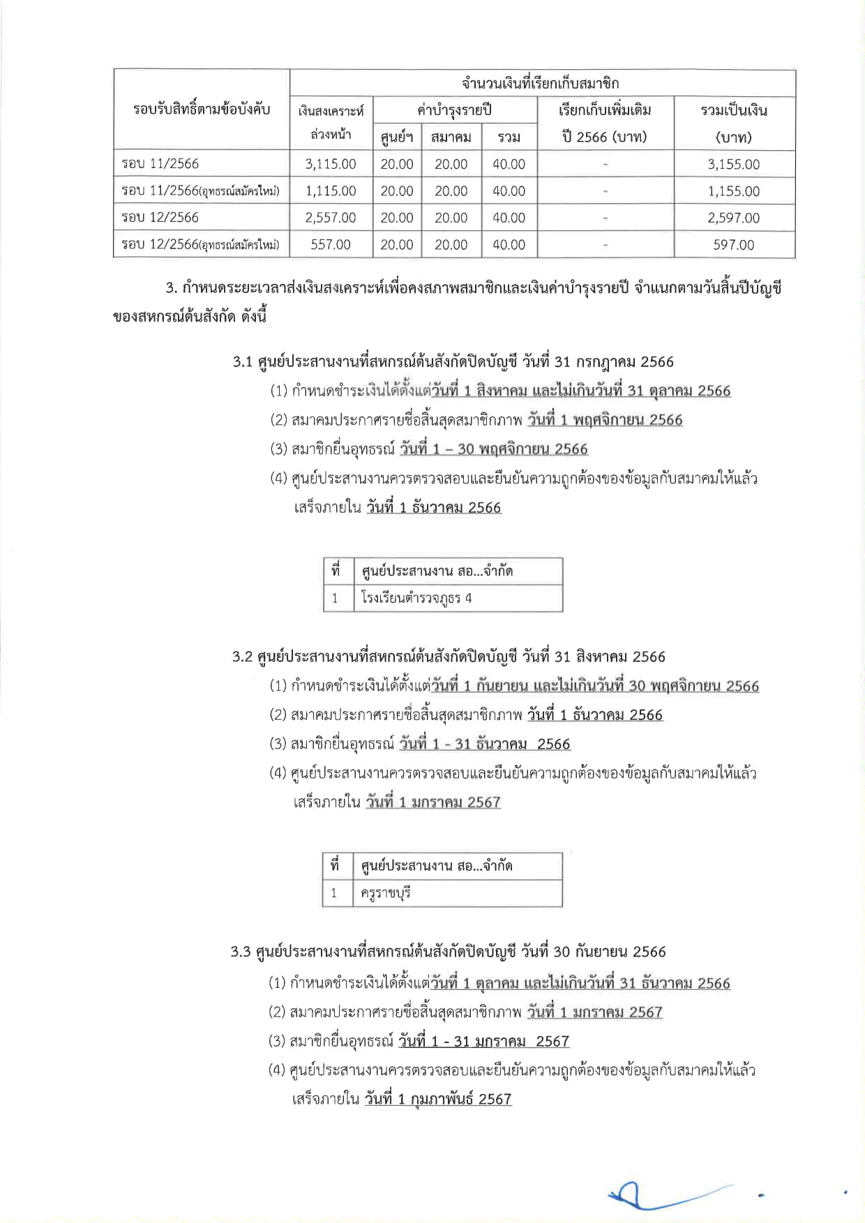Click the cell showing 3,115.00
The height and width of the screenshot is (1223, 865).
[x=331, y=164]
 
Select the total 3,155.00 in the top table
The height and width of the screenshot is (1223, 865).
[x=734, y=164]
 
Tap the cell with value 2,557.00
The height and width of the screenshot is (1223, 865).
[x=331, y=218]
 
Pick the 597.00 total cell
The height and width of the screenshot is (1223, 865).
[x=734, y=245]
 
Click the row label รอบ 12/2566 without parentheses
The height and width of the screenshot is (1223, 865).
[x=160, y=218]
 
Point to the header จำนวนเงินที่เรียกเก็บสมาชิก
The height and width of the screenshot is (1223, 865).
[x=541, y=83]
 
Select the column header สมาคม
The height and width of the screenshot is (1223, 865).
[x=451, y=137]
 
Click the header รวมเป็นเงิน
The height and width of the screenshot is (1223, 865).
[x=734, y=110]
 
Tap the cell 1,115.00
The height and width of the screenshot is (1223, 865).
[x=331, y=191]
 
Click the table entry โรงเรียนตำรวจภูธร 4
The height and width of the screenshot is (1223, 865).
[x=416, y=598]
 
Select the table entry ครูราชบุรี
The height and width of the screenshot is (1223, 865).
[x=386, y=893]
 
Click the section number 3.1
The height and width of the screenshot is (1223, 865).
[x=242, y=362]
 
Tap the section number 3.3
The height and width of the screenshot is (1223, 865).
[x=241, y=952]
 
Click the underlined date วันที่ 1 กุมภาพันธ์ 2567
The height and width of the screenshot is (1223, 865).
[x=438, y=1099]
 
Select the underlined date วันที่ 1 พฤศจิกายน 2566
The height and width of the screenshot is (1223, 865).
[x=605, y=420]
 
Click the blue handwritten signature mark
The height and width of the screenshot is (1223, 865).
[x=663, y=1196]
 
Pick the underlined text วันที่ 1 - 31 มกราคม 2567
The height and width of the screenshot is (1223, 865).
[x=484, y=1041]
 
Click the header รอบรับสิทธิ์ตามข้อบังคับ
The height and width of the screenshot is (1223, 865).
[x=202, y=110]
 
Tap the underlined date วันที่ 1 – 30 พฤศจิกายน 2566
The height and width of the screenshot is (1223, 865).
[x=494, y=449]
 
